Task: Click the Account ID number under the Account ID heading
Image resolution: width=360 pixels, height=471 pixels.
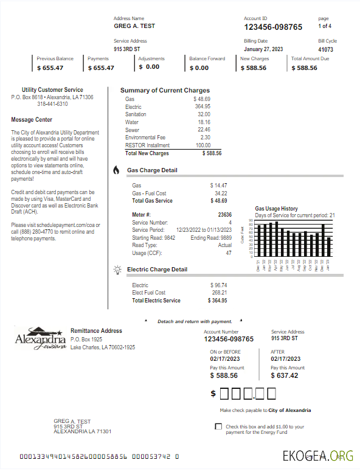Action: click(x=273, y=27)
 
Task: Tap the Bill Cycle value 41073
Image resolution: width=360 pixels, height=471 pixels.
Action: click(x=325, y=49)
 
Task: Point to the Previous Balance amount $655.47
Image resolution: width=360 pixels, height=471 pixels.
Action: click(x=50, y=68)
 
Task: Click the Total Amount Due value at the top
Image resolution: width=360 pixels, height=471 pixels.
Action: click(x=304, y=68)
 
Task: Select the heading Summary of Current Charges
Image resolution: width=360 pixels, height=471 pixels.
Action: click(x=165, y=90)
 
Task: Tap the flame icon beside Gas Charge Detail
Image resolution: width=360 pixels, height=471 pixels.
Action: click(x=116, y=170)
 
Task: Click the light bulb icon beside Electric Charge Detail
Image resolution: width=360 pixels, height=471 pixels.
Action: click(x=117, y=270)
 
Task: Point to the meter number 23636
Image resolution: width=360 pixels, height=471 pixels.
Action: click(x=224, y=215)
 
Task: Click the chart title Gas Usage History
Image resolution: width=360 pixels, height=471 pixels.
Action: click(x=276, y=209)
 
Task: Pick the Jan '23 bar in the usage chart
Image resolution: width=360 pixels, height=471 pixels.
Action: click(x=329, y=247)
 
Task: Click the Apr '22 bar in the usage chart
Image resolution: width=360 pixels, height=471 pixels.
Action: click(x=277, y=239)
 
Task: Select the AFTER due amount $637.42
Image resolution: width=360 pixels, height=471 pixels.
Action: click(x=285, y=375)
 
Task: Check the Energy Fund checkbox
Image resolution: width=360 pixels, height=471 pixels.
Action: click(x=218, y=427)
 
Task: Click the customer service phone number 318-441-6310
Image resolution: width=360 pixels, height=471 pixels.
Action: click(x=52, y=104)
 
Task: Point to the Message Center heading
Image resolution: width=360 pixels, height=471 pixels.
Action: click(x=32, y=120)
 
